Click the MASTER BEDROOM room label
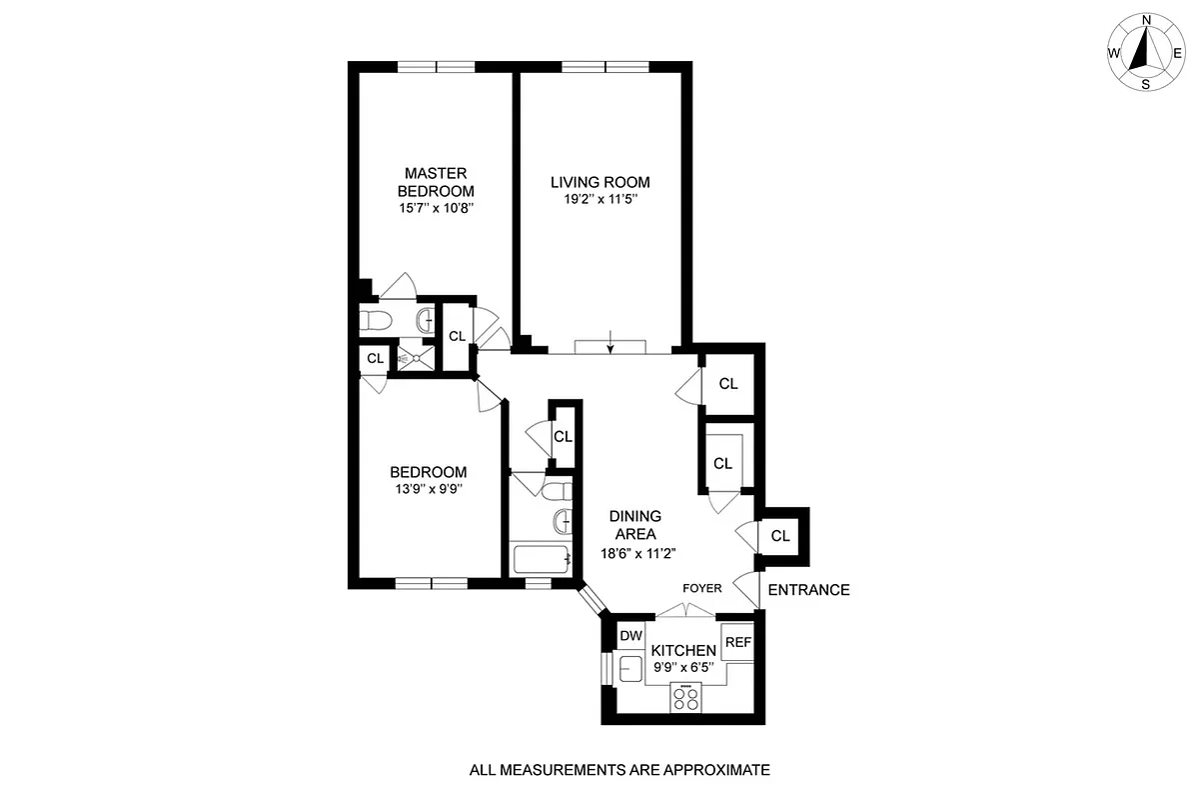[x=436, y=181]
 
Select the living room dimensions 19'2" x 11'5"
[x=599, y=199]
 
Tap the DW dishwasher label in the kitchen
[x=629, y=636]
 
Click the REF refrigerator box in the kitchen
[x=737, y=642]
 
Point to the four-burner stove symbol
[x=686, y=697]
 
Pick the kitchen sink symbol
[x=631, y=668]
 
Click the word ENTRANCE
[x=809, y=590]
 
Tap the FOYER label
[x=701, y=589]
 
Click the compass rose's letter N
[x=1147, y=20]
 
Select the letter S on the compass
[x=1146, y=85]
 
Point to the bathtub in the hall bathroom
[x=541, y=560]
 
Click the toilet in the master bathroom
[x=376, y=320]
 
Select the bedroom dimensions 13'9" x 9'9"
[x=428, y=490]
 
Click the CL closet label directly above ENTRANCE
[x=780, y=536]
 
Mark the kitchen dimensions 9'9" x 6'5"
[x=684, y=666]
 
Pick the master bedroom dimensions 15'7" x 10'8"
[x=435, y=209]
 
